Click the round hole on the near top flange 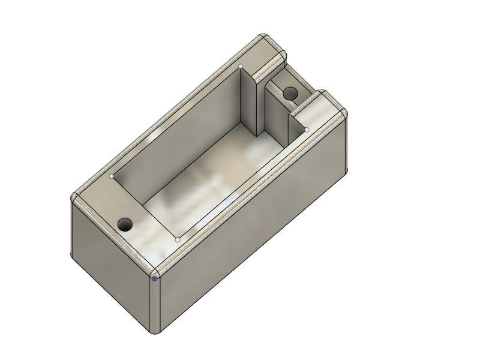(x=125, y=225)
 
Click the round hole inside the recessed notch (x=290, y=94)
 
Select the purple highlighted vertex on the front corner (x=155, y=278)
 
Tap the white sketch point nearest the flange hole (x=112, y=176)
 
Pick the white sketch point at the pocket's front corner (x=178, y=239)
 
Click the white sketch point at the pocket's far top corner (x=241, y=66)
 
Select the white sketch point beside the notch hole (x=307, y=130)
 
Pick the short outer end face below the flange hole (x=111, y=264)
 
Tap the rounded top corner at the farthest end (x=264, y=37)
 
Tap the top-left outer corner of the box (x=74, y=198)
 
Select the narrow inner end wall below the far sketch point (x=250, y=102)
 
